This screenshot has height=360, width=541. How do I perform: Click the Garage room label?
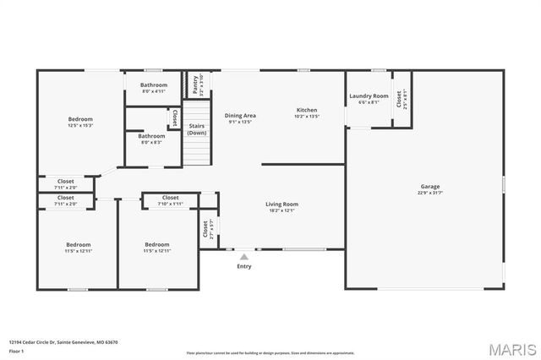coord(430,187)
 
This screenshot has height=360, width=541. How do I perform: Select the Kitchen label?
coord(306,110)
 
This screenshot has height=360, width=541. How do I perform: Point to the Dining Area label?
coord(240,116)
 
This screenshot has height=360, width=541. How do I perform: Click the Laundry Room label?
coord(369,96)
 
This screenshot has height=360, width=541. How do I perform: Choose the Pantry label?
coord(194,84)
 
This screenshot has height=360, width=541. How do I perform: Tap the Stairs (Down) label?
coord(197,129)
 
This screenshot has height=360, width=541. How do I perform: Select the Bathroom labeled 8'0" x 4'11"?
coord(154,85)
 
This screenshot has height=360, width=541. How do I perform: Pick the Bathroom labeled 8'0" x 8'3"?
coord(152,136)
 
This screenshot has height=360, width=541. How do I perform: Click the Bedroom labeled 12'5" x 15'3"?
coord(80,119)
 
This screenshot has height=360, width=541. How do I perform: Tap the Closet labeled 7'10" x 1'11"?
coord(170,198)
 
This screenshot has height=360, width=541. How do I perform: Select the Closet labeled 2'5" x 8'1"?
coord(400,99)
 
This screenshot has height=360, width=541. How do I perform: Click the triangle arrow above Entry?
coord(243,256)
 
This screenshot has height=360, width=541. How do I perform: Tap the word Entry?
coord(243,266)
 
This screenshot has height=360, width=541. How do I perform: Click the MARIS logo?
coord(510,349)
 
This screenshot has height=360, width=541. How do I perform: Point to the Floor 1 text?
coord(16,350)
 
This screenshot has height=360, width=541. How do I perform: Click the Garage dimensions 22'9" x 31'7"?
coord(430,194)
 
